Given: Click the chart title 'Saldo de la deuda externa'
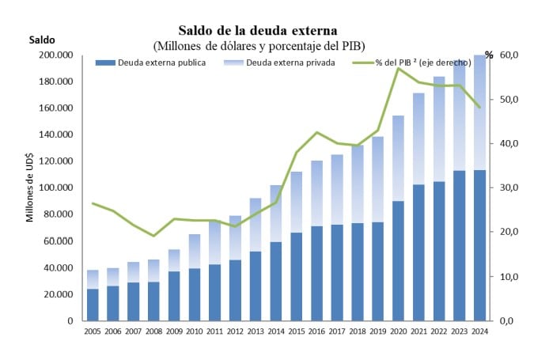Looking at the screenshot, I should tap(258, 30).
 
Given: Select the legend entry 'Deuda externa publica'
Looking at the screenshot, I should tap(156, 63).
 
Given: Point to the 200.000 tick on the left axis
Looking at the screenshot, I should tap(56, 55).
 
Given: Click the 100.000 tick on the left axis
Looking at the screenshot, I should tap(56, 188).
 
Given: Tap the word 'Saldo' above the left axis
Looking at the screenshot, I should tap(43, 40).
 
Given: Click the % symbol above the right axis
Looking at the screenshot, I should tap(489, 55).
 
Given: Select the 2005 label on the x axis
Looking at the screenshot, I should tap(93, 331).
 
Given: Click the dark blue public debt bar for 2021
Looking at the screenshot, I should tap(418, 252).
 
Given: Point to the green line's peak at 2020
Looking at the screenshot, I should tap(399, 69).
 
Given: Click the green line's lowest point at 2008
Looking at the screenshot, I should tap(154, 236).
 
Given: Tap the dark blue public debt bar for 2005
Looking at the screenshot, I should tap(93, 305).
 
